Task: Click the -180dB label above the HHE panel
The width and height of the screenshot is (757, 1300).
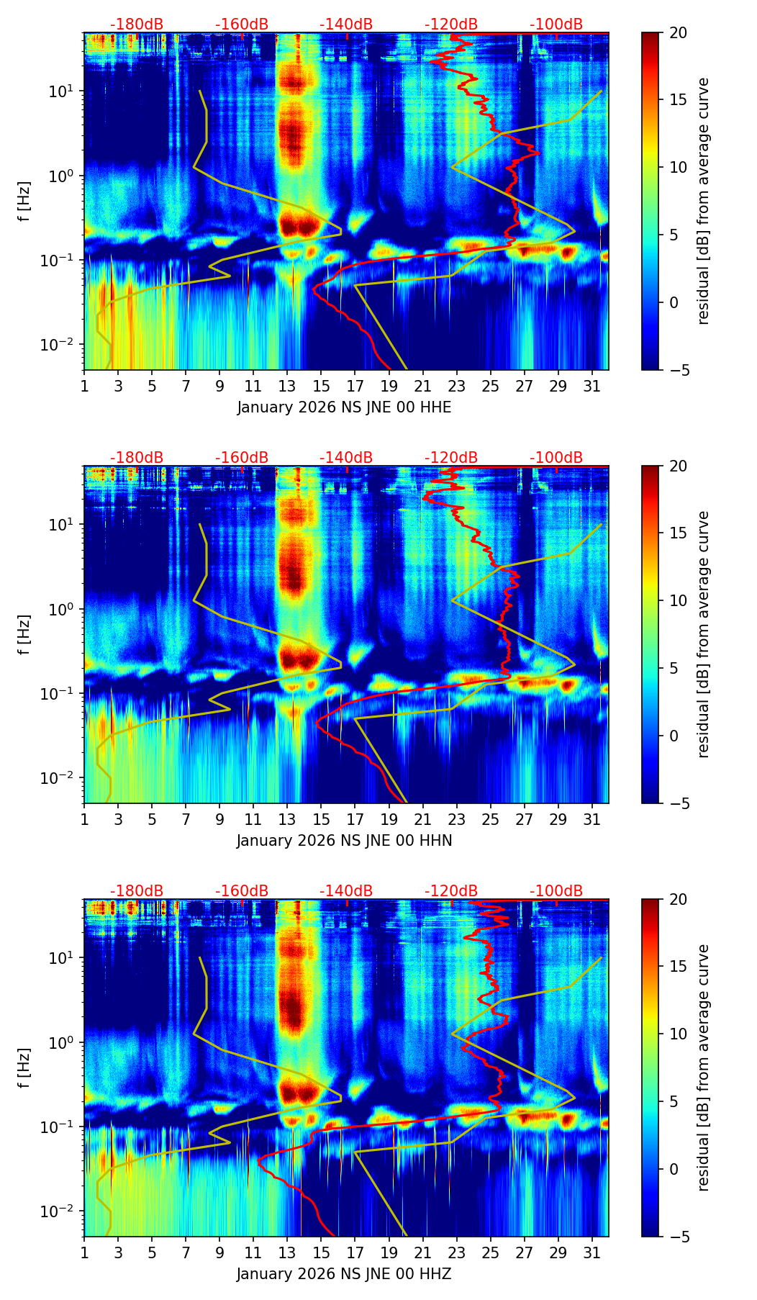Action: click(x=137, y=24)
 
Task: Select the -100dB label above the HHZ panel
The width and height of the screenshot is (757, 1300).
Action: click(x=556, y=891)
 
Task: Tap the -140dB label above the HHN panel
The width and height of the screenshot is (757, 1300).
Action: click(x=346, y=458)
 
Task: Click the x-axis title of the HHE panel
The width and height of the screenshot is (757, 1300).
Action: click(x=344, y=407)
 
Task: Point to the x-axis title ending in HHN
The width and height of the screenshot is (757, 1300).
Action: click(x=344, y=841)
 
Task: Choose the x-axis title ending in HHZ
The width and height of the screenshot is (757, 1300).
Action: click(x=344, y=1274)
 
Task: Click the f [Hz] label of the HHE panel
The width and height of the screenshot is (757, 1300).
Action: click(x=24, y=202)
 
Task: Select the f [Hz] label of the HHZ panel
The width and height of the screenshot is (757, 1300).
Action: click(x=24, y=1068)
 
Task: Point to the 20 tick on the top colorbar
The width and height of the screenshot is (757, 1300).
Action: click(x=678, y=33)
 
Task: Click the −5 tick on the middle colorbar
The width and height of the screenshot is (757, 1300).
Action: click(x=678, y=803)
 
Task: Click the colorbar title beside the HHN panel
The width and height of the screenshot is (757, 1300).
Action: click(x=704, y=634)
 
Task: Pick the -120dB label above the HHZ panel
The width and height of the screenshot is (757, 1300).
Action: click(x=451, y=891)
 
